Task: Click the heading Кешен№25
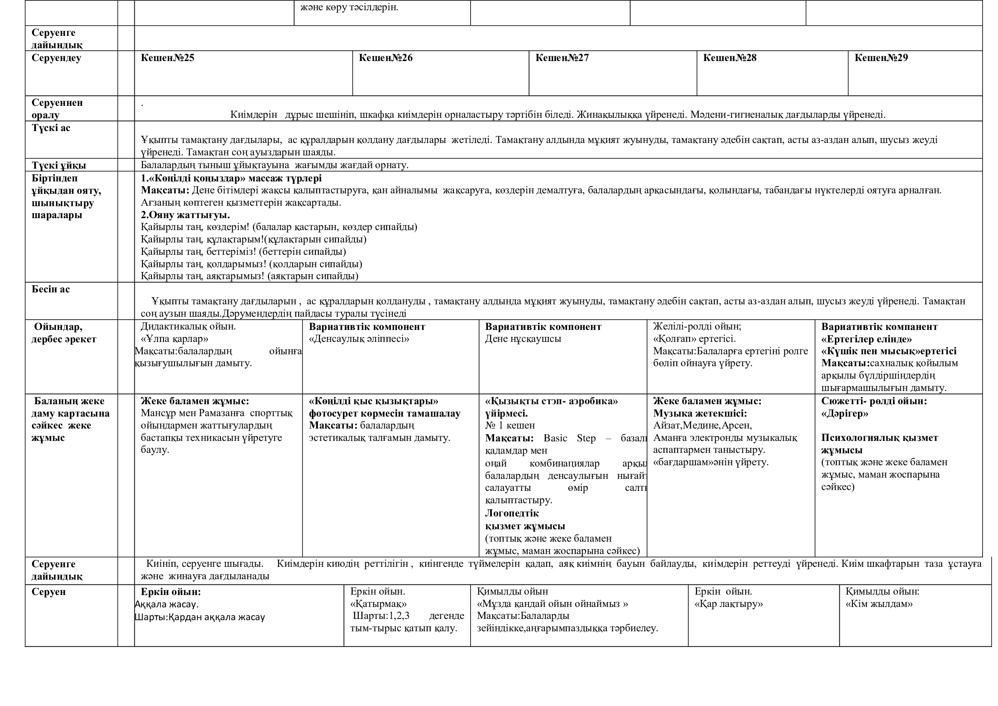pos(167,58)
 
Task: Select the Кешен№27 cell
pos(562,58)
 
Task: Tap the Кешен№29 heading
pos(881,58)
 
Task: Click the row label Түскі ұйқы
pos(59,165)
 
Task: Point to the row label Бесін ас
pos(50,289)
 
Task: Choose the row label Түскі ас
pos(51,128)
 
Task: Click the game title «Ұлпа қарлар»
pos(175,338)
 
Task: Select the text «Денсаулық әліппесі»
pos(359,338)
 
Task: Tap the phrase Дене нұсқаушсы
pos(523,338)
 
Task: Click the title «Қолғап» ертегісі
pos(694,338)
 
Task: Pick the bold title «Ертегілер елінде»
pos(866,338)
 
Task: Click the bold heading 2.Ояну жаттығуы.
pos(185,215)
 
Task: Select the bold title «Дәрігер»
pos(844,414)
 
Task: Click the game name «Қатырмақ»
pos(378,604)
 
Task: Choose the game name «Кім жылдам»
pos(879,604)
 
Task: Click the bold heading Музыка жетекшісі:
pos(700,414)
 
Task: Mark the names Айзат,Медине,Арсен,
pos(702,426)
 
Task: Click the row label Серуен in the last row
pos(49,592)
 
